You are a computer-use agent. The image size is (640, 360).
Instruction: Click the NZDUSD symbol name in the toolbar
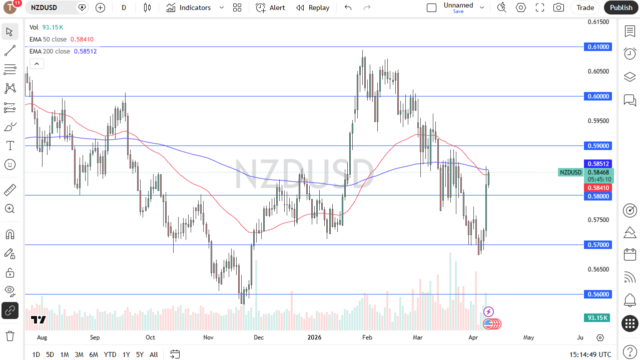pyautogui.click(x=44, y=7)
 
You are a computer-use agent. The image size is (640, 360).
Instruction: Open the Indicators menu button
pyautogui.click(x=189, y=7)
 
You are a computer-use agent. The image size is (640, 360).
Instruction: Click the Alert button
pyautogui.click(x=271, y=7)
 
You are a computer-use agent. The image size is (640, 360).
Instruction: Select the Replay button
pyautogui.click(x=313, y=7)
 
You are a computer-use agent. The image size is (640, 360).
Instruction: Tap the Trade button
pyautogui.click(x=585, y=7)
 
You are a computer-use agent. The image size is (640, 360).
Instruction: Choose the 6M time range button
pyautogui.click(x=94, y=354)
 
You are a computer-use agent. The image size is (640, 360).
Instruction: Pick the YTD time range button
pyautogui.click(x=110, y=354)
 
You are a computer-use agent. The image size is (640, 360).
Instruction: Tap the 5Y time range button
pyautogui.click(x=140, y=354)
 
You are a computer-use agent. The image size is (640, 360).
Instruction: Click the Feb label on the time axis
pyautogui.click(x=367, y=337)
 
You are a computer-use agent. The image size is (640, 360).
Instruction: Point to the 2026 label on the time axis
pyautogui.click(x=314, y=337)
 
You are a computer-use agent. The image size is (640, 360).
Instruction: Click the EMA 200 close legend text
pyautogui.click(x=50, y=51)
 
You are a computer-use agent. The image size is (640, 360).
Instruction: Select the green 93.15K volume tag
pyautogui.click(x=597, y=317)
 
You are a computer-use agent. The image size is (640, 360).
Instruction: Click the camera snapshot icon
pyautogui.click(x=558, y=7)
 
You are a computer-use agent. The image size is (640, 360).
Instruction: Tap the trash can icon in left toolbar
pyautogui.click(x=10, y=335)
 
